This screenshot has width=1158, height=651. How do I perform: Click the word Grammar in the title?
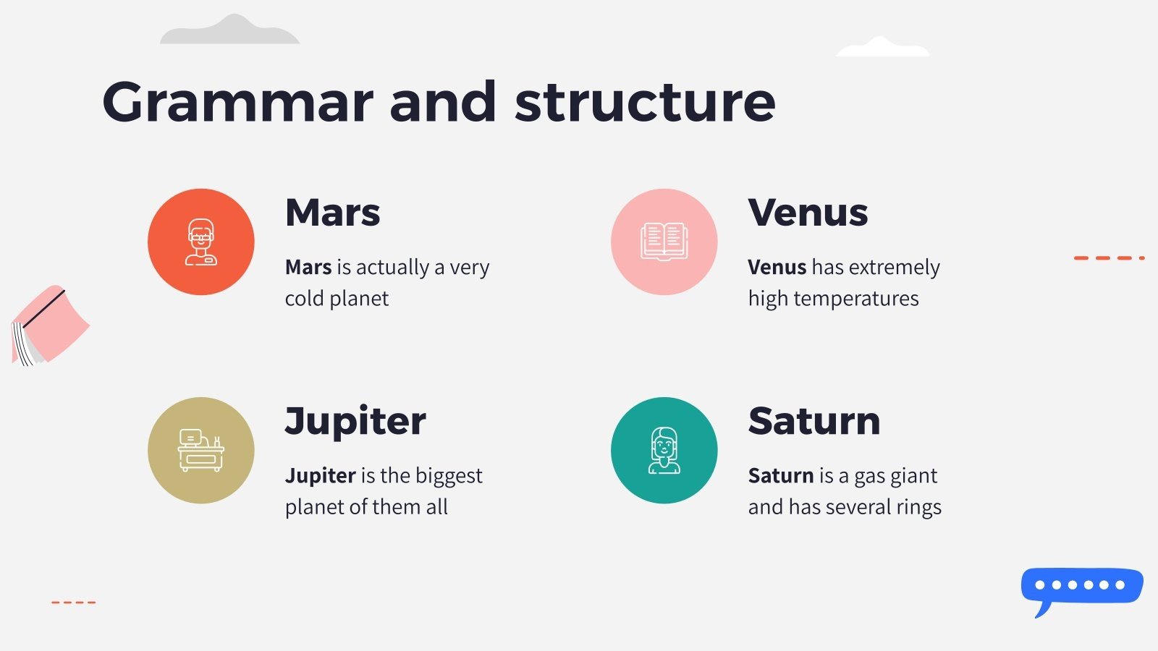(237, 103)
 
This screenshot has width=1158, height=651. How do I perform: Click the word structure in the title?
(645, 103)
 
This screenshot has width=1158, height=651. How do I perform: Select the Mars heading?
(332, 213)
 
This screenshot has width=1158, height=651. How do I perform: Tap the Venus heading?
(808, 213)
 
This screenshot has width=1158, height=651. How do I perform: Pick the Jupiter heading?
(355, 421)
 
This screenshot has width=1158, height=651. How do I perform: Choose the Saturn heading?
(813, 421)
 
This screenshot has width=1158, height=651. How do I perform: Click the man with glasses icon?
(201, 242)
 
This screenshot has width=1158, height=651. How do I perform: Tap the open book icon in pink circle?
(664, 242)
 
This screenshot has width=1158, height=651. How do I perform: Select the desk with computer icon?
(201, 450)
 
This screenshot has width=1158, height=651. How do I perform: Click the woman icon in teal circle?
(664, 450)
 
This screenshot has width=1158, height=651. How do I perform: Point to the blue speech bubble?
(1081, 586)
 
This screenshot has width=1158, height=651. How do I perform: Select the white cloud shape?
(882, 48)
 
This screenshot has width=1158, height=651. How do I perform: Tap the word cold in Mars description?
(304, 299)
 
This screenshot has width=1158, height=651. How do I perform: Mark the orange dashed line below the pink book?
(73, 602)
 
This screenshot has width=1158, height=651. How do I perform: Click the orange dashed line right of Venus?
(1108, 258)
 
